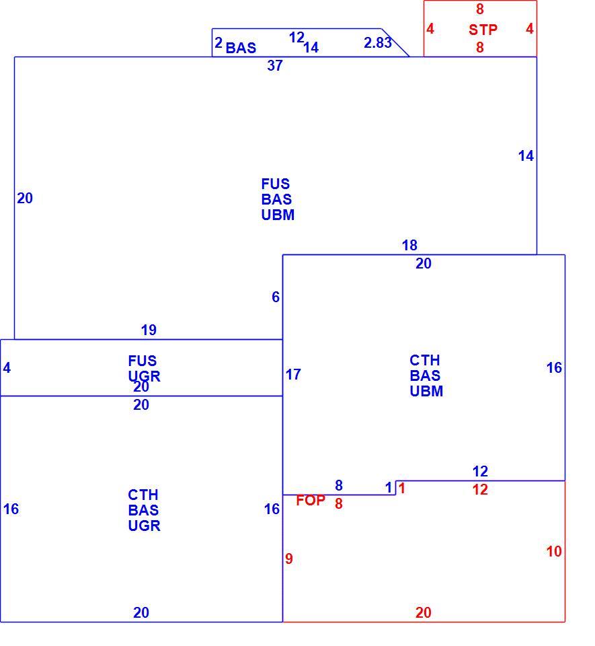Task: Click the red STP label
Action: (483, 30)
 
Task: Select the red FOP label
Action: (311, 500)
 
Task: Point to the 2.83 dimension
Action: (377, 42)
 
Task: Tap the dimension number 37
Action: (275, 65)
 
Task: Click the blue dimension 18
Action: (409, 246)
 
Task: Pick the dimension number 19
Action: (149, 330)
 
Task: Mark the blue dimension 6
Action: (276, 297)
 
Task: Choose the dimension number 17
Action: (293, 375)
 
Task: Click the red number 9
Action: (289, 559)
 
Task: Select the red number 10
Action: (554, 551)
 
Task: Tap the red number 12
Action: (480, 489)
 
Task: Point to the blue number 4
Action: (7, 368)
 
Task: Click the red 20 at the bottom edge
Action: (424, 612)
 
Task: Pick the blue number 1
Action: (389, 488)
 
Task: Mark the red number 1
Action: (402, 489)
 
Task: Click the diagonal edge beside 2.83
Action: (395, 42)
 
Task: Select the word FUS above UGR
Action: (143, 361)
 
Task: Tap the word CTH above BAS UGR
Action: (143, 495)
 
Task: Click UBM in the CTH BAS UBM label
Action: (426, 391)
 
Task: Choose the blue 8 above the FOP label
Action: (339, 485)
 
